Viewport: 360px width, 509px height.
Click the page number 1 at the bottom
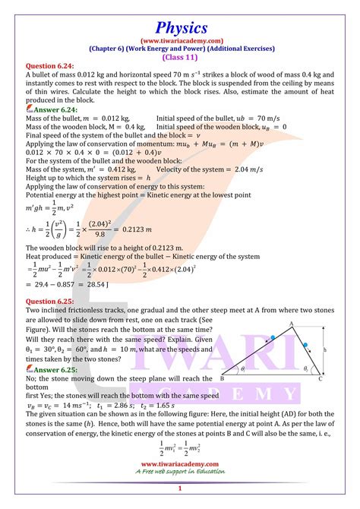click(179, 489)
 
